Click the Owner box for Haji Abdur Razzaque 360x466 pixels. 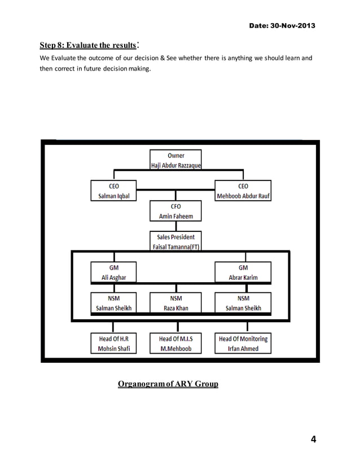[175, 160]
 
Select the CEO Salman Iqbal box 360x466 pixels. [113, 191]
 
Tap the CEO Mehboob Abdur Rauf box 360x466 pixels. [243, 191]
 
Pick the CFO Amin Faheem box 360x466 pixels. [175, 212]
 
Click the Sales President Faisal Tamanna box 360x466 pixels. [175, 242]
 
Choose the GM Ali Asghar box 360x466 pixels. [113, 272]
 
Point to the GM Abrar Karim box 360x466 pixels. [243, 272]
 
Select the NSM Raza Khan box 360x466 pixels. [175, 303]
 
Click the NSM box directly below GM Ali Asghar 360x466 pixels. [113, 303]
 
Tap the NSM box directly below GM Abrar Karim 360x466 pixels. [243, 303]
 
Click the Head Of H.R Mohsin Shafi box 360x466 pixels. [113, 344]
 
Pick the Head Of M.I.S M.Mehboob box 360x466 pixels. [175, 344]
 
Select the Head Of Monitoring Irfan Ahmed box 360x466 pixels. [243, 344]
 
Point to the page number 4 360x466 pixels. [313, 439]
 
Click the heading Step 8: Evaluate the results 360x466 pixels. [89, 45]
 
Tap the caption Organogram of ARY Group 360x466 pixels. [168, 385]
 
